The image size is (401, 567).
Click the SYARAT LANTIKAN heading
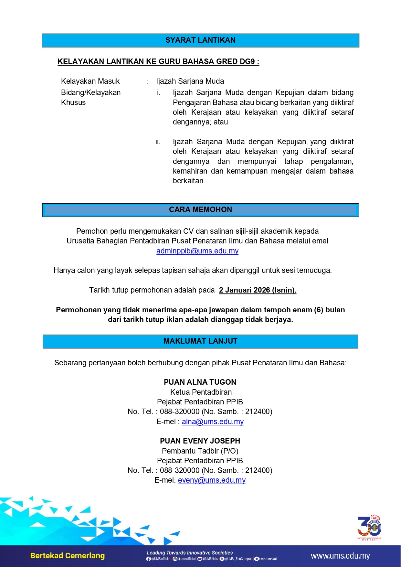(200, 40)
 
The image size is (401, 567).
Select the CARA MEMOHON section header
(200, 209)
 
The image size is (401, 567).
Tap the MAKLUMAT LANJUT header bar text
(200, 341)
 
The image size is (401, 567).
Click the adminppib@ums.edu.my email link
(197, 251)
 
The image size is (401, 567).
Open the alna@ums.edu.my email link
(213, 422)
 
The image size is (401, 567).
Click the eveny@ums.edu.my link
(212, 480)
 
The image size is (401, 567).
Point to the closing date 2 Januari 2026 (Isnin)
(258, 290)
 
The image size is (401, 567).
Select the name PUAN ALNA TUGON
(200, 382)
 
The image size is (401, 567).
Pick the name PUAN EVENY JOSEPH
(200, 441)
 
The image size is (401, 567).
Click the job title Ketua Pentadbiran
(201, 392)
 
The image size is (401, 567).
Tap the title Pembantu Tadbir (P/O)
(200, 451)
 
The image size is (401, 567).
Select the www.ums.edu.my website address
(340, 556)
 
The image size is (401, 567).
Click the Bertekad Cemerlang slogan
(68, 556)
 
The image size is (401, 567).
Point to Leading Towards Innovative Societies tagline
(190, 553)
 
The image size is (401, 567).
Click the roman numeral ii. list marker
(158, 142)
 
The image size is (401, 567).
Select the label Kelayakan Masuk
(90, 81)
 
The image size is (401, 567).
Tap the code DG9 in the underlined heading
(247, 61)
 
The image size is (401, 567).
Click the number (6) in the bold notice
(319, 310)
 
